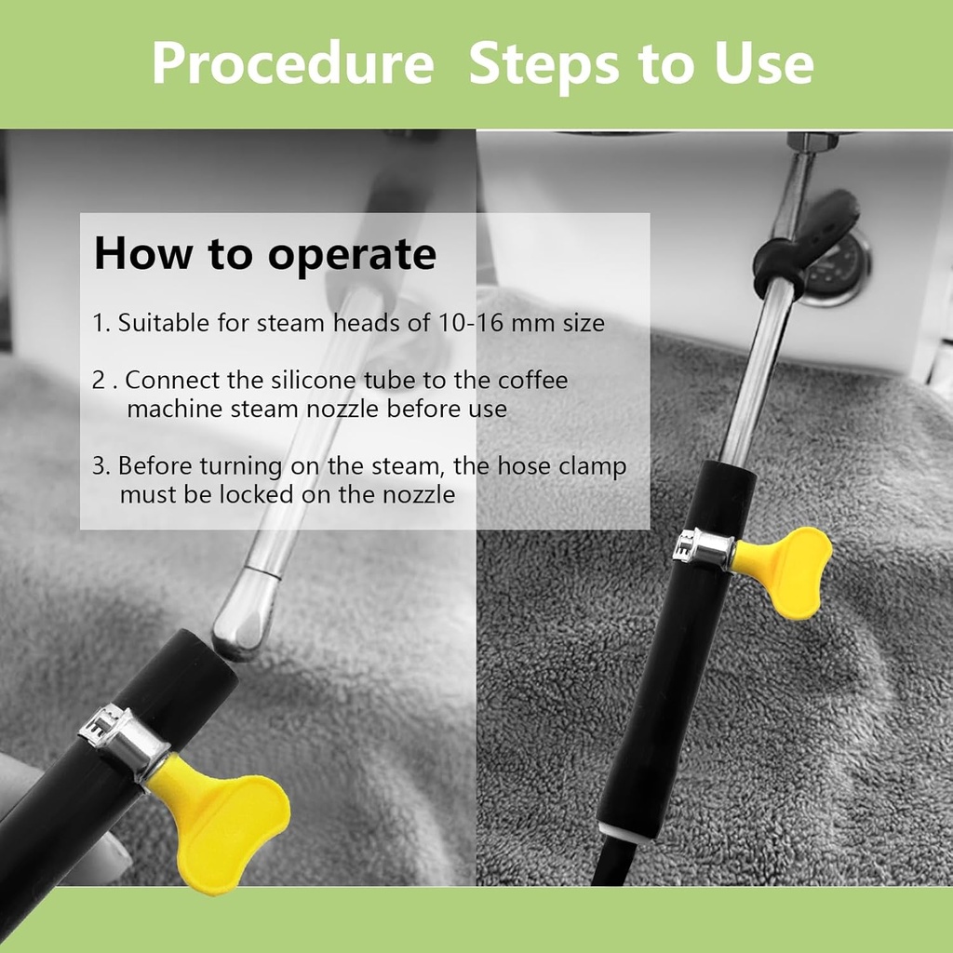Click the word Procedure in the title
click(x=292, y=63)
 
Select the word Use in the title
click(x=764, y=63)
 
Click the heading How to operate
click(x=265, y=254)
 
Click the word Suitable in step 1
click(x=164, y=323)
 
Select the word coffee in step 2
click(x=532, y=381)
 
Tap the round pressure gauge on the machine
click(x=836, y=267)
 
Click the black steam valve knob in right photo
click(x=809, y=240)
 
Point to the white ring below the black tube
click(x=624, y=831)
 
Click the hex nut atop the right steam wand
click(x=813, y=141)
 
